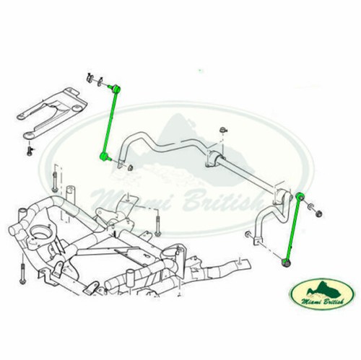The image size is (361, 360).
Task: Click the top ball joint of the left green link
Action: click(115, 87)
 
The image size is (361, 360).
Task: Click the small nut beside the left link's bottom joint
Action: click(132, 168)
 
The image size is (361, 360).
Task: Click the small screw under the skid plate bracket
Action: click(30, 151)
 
